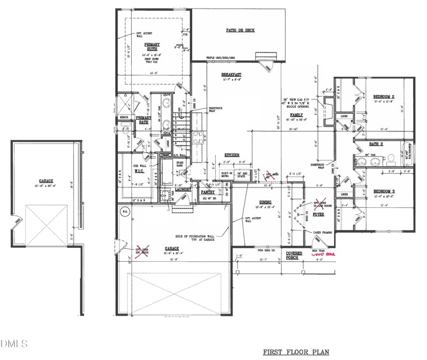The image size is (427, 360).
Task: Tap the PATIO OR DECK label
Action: (241, 30)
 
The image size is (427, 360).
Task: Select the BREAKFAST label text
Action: (233, 74)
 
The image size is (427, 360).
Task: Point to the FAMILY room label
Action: (296, 115)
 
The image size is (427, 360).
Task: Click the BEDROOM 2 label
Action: (384, 97)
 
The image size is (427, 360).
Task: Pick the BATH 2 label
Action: (378, 144)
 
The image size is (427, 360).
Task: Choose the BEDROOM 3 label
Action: (384, 191)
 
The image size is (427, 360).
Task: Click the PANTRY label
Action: (208, 192)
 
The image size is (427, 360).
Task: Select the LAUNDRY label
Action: (183, 189)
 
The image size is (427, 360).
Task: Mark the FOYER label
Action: (319, 214)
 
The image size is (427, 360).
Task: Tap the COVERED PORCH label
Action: (294, 255)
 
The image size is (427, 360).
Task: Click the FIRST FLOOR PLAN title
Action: (296, 353)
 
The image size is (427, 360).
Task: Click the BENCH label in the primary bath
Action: (124, 118)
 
